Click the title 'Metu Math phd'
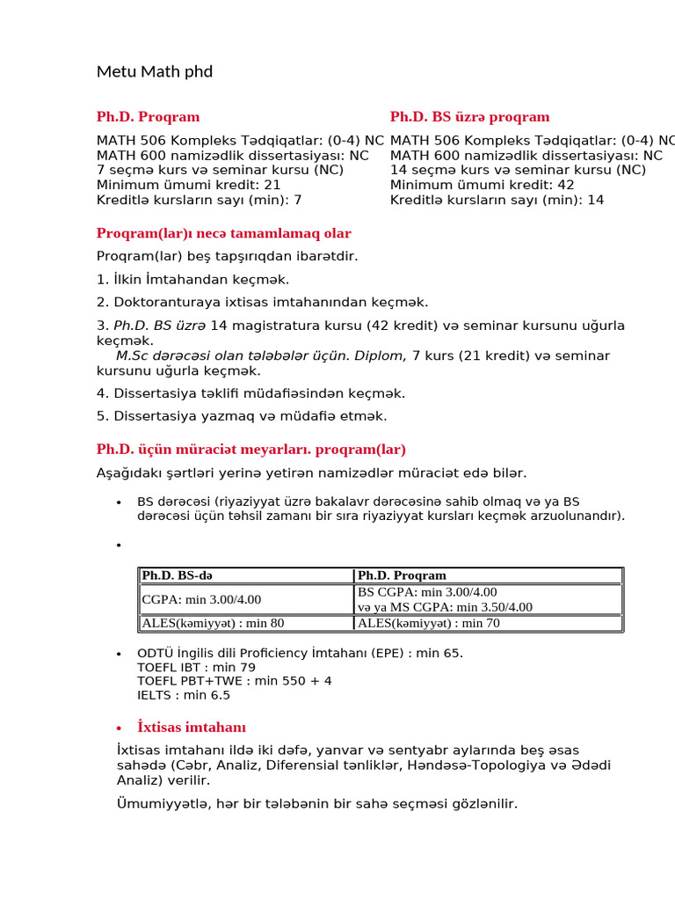click(155, 71)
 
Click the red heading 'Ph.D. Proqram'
click(148, 117)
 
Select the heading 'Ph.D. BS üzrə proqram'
click(469, 117)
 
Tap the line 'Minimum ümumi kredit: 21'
click(188, 185)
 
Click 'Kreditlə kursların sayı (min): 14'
click(497, 200)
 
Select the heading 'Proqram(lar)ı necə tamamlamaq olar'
click(223, 233)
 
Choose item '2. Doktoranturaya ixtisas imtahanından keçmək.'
click(262, 303)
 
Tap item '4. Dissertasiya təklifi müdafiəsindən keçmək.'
click(250, 393)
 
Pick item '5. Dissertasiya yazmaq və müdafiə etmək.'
click(242, 416)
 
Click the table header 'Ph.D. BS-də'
click(177, 575)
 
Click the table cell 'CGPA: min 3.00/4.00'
click(201, 599)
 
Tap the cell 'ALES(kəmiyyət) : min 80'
click(213, 623)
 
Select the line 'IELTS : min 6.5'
click(184, 695)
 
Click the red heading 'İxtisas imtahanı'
click(192, 728)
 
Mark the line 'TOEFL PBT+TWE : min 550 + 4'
click(234, 681)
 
